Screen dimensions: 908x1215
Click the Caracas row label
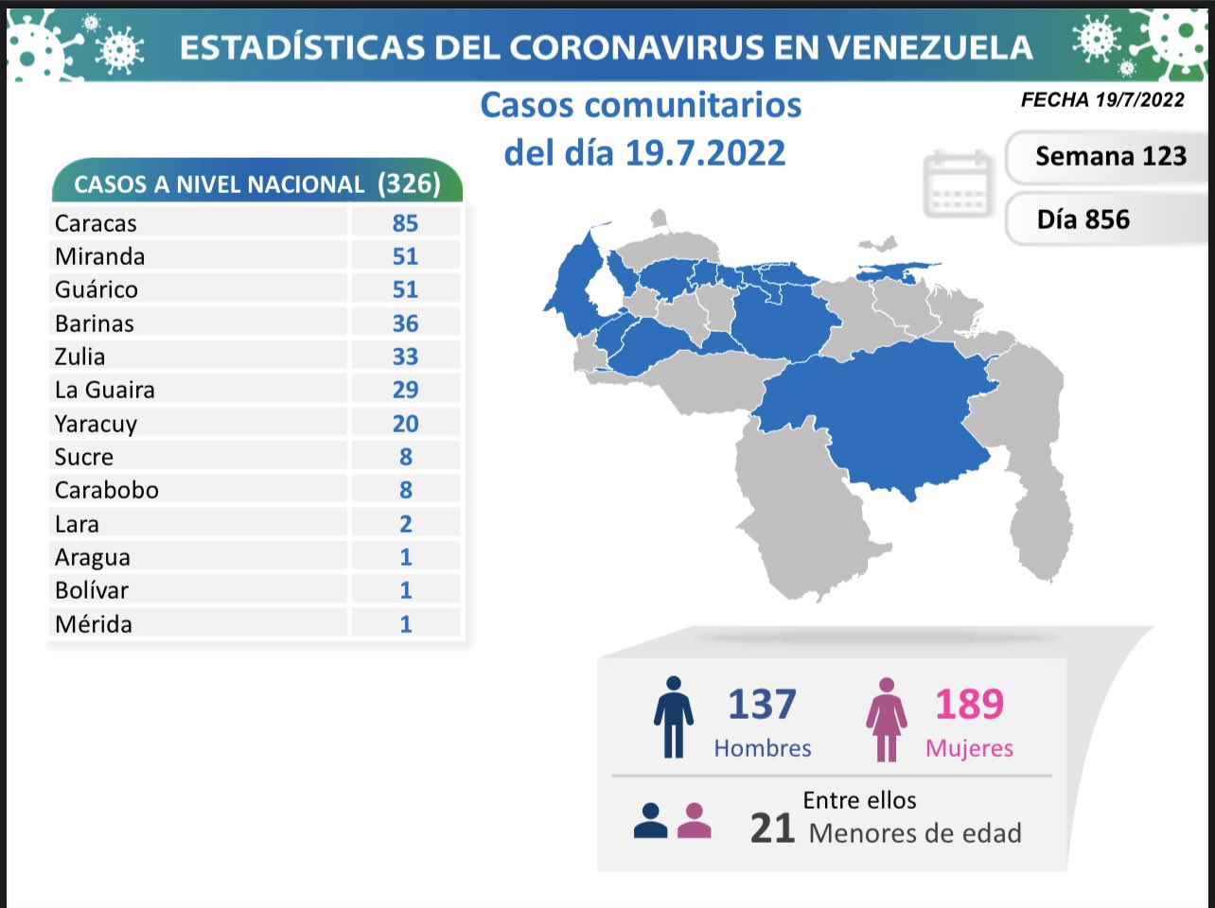96,223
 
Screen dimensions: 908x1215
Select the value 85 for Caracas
405,223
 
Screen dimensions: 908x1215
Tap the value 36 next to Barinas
405,323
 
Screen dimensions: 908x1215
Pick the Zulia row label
80,357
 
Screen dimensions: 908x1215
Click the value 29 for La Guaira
405,390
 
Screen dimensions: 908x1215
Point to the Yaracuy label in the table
96,424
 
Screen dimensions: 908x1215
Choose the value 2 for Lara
405,524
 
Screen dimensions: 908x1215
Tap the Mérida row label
94,624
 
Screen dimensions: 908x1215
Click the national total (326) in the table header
409,183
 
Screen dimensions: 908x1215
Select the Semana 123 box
1110,156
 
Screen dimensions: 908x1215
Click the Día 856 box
1083,219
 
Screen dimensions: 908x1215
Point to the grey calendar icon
958,183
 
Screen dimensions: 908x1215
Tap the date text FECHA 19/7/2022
1102,100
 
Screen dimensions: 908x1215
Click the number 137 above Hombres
762,705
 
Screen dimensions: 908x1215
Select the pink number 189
969,705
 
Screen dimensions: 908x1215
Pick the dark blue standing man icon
673,717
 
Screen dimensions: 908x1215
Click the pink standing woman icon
887,719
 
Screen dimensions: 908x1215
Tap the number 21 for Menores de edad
772,829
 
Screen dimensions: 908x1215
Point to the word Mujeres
969,748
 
